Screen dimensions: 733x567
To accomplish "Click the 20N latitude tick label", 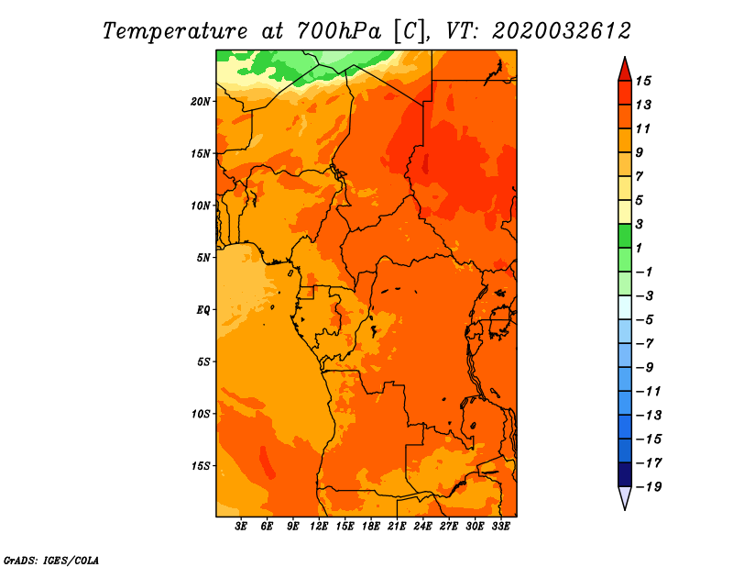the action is point(201,102).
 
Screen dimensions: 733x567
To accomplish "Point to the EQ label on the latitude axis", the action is point(202,310).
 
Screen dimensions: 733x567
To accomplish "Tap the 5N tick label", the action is point(203,258).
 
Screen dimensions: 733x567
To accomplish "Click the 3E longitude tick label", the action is point(241,527).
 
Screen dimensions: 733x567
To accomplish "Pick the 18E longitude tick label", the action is point(371,527).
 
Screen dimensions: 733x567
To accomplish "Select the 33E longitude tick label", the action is point(500,527).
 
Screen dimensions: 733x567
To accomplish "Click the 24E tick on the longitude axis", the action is point(422,527).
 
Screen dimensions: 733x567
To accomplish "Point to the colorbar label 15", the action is point(643,81).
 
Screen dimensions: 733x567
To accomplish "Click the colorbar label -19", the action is point(649,487).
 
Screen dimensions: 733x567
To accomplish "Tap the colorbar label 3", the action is point(640,224).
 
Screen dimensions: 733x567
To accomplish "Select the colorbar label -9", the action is point(645,368).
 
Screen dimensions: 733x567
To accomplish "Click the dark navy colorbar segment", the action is point(625,474).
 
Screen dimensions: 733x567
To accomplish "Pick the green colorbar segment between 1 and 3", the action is point(625,236).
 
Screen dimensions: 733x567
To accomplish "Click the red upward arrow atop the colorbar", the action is point(625,69).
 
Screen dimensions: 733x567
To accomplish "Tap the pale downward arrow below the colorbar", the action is point(625,498).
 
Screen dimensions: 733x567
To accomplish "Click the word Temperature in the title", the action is point(175,31).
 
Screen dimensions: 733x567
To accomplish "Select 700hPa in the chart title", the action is point(339,31).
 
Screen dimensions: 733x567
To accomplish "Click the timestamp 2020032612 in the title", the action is point(562,31).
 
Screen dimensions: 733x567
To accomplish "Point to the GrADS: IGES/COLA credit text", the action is point(51,561).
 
